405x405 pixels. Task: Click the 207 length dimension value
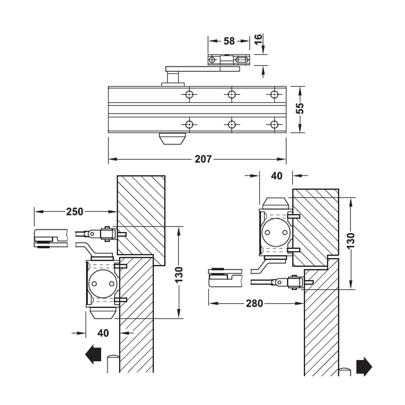pos(203,159)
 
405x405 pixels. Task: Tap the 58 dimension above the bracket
pos(229,41)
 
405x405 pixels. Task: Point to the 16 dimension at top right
pos(258,39)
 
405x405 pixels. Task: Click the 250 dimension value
pos(75,211)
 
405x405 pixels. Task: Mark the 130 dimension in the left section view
pos(180,275)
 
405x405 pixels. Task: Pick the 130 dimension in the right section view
pos(351,241)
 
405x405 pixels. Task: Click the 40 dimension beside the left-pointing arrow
pos(103,333)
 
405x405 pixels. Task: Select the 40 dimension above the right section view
pos(276,176)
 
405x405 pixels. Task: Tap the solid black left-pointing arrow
pos(93,355)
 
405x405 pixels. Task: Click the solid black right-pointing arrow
pos(364,367)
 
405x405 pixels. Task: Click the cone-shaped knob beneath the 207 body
pos(173,139)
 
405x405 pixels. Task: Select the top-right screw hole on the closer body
pos(275,95)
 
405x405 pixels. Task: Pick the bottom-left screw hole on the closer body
pos(189,124)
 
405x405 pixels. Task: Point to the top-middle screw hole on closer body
pos(232,95)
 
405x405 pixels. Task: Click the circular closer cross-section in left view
pos(102,283)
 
